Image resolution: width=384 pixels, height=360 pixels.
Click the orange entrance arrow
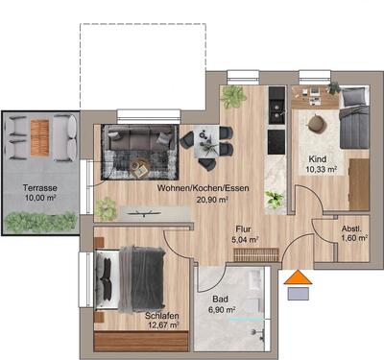300,279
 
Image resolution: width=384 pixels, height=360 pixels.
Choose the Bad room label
221,299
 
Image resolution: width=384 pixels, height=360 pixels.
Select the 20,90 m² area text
183,201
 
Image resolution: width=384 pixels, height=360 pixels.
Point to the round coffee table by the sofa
140,168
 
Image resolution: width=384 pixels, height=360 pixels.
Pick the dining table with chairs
208,143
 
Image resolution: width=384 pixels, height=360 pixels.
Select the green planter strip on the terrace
40,222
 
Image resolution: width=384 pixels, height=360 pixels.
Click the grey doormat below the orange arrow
300,294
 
